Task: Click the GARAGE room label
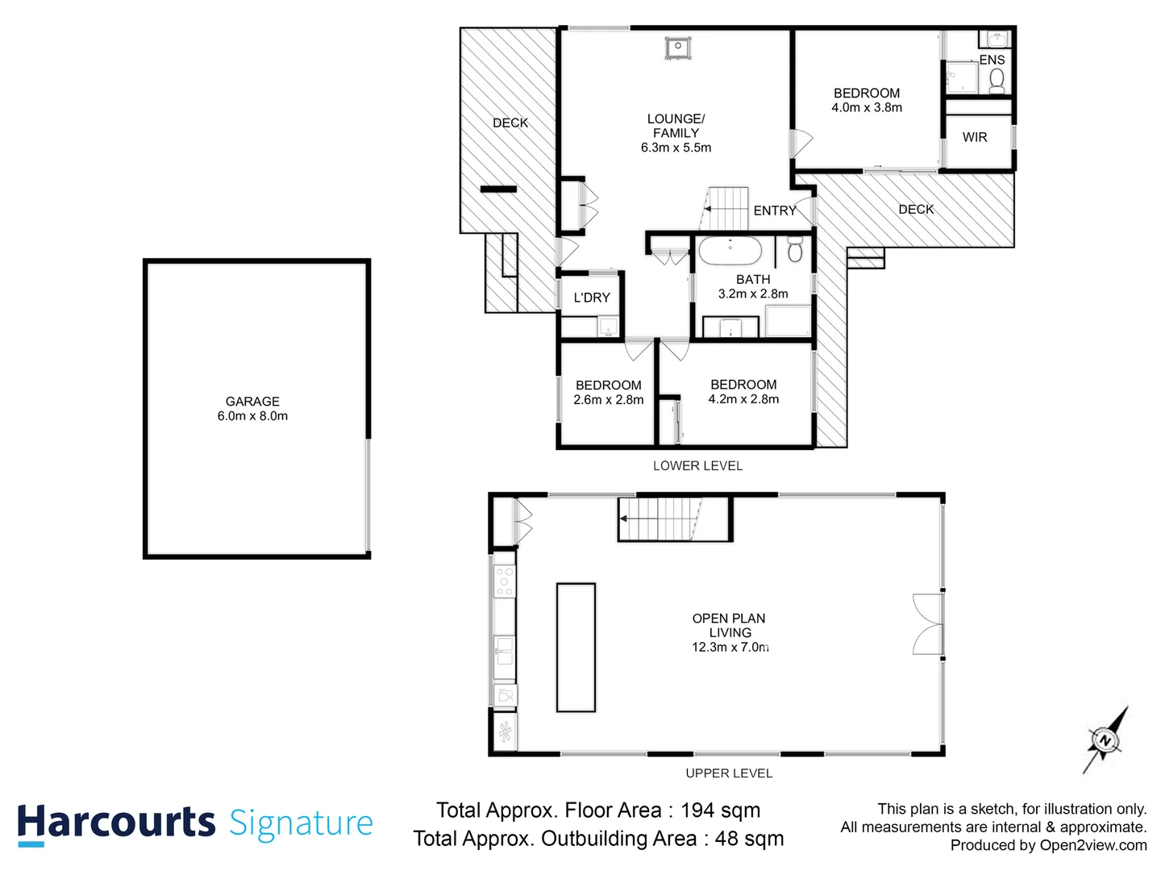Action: [252, 402]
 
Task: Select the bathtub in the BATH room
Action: [730, 251]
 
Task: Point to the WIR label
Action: [975, 137]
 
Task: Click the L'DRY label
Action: [592, 298]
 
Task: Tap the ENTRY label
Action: [775, 210]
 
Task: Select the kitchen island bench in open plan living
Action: [576, 648]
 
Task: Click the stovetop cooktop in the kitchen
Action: [505, 581]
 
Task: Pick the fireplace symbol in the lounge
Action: [679, 47]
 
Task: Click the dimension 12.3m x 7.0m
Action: [730, 647]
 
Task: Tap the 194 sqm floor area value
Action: [720, 811]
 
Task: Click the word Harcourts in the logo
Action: [116, 823]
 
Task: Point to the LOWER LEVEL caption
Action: [697, 465]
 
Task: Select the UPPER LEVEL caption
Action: [729, 773]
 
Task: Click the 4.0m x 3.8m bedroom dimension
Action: [867, 107]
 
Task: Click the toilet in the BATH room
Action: [795, 249]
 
